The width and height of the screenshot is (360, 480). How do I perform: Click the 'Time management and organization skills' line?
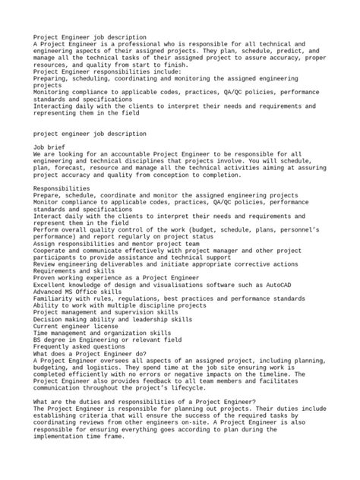tap(103, 312)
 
